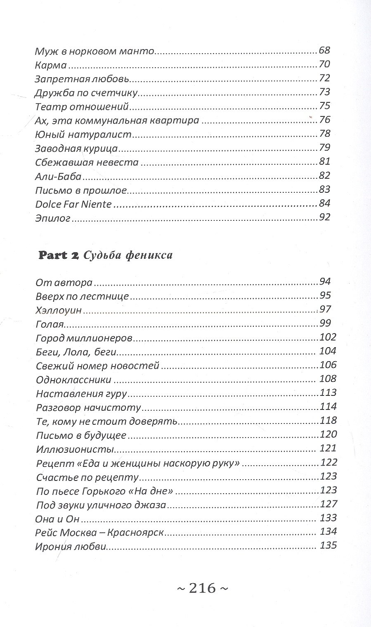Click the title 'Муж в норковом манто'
pyautogui.click(x=94, y=52)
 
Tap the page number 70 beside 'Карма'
pyautogui.click(x=325, y=65)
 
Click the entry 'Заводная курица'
pyautogui.click(x=77, y=148)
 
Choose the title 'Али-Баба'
pyautogui.click(x=58, y=176)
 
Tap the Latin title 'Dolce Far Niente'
pyautogui.click(x=73, y=204)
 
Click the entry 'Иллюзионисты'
pyautogui.click(x=75, y=449)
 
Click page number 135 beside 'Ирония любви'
pyautogui.click(x=328, y=546)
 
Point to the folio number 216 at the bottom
pyautogui.click(x=202, y=587)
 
